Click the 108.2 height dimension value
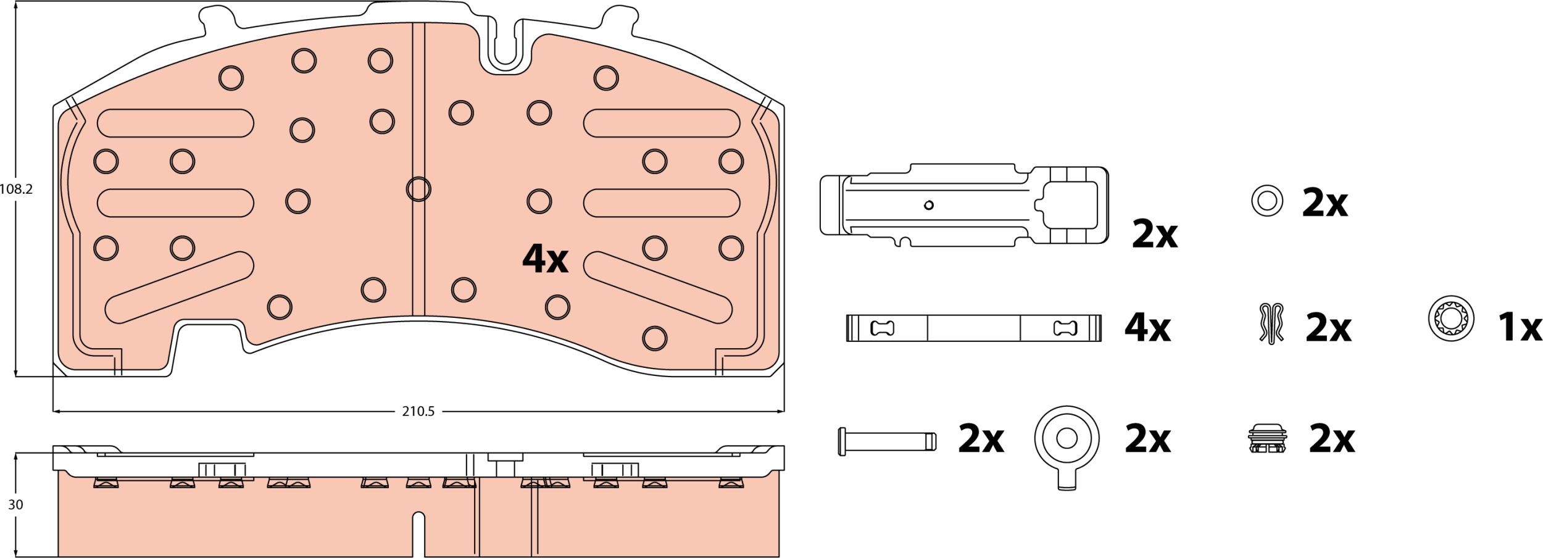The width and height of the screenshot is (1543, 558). click(16, 189)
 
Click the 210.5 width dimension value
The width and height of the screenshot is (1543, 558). click(418, 411)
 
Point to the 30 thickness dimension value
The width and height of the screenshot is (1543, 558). click(15, 504)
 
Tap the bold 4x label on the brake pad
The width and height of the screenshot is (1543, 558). click(545, 259)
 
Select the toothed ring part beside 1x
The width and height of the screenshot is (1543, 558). click(1451, 319)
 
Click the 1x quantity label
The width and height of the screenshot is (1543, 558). click(1520, 327)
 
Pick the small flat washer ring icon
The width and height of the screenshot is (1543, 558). click(1267, 201)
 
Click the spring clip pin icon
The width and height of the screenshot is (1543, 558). click(1271, 323)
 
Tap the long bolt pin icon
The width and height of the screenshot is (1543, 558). click(887, 441)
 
